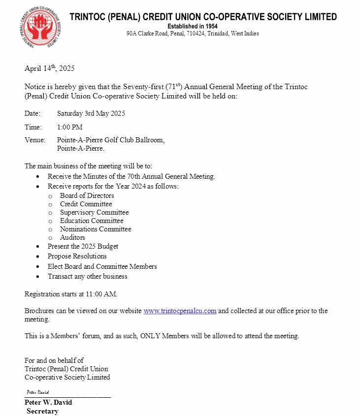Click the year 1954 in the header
(212, 26)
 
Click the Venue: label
(35, 140)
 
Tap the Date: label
(33, 113)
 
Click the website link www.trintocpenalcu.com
(180, 311)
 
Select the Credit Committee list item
(86, 204)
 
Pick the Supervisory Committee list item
(94, 212)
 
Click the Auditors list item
(72, 237)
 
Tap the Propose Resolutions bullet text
(77, 256)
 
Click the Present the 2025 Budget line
(83, 246)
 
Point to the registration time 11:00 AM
(101, 294)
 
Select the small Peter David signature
(38, 392)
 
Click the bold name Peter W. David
(48, 402)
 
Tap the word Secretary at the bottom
(42, 411)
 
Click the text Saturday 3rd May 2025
(91, 113)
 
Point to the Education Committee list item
(92, 221)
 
